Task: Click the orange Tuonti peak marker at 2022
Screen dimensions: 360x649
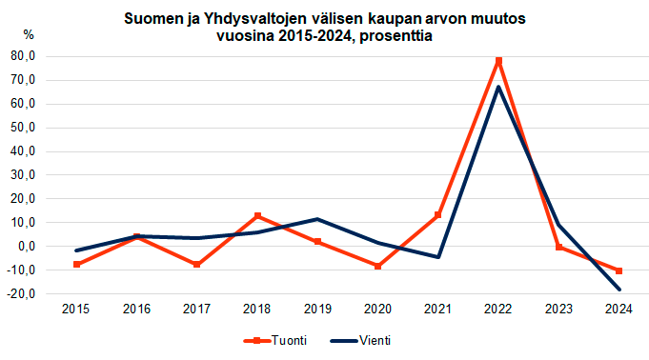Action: [x=498, y=61]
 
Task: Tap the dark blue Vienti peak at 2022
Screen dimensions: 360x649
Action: [x=498, y=88]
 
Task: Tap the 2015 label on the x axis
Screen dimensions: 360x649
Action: [x=76, y=310]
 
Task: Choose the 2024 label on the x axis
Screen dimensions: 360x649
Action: [x=619, y=310]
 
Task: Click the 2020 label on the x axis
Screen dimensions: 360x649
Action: [x=378, y=310]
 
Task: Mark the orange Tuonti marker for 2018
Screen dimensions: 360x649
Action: [x=257, y=216]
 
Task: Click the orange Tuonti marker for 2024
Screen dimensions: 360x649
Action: [x=619, y=271]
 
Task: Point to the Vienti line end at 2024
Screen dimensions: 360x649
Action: [x=619, y=290]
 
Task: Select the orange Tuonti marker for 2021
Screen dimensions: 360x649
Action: [x=438, y=215]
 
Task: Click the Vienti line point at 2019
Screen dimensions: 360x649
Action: [x=317, y=219]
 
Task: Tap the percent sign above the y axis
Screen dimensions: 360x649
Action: [x=29, y=34]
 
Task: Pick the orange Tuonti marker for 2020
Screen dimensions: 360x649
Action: [x=378, y=267]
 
